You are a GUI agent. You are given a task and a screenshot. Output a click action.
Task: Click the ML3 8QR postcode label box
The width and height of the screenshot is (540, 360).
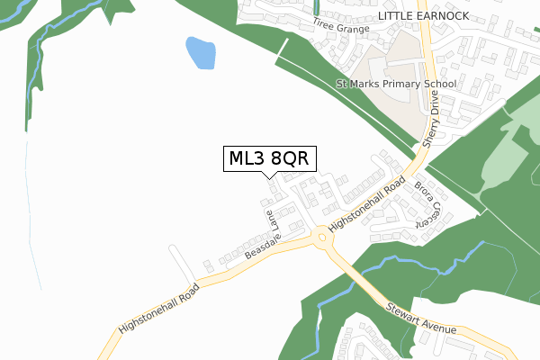268,158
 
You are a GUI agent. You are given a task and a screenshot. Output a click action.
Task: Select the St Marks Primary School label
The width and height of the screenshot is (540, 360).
396,84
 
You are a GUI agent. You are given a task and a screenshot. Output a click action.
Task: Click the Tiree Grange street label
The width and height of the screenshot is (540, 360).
341,25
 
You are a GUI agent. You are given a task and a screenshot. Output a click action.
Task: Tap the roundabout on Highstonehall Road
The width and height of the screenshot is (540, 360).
322,238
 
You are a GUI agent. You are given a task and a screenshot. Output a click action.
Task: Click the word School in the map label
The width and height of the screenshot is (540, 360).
439,84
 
